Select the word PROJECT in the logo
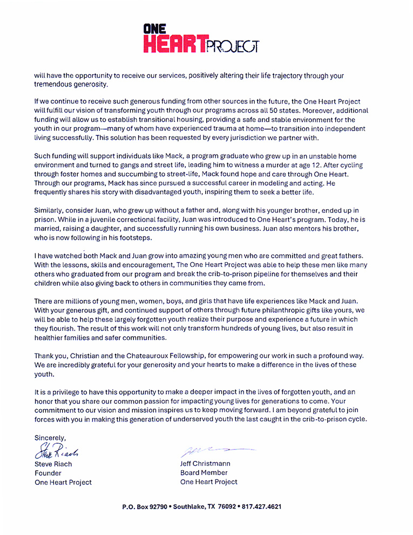pyautogui.click(x=233, y=46)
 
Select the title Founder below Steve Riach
pyautogui.click(x=48, y=473)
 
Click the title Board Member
pyautogui.click(x=204, y=472)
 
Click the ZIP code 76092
pyautogui.click(x=226, y=507)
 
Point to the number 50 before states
pyautogui.click(x=318, y=110)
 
